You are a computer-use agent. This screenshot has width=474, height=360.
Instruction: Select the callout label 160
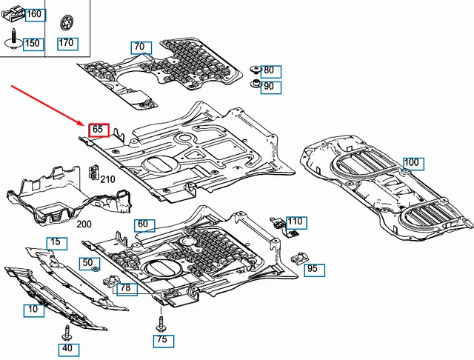coord(34,15)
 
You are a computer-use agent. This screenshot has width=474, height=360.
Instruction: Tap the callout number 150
coord(32,44)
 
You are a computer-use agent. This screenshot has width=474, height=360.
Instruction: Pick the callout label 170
coord(67,43)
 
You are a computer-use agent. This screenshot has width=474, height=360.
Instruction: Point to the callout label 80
coord(268,71)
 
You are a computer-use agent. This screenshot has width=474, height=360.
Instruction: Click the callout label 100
coord(411,163)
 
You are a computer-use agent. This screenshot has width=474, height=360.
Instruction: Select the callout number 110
coord(296,221)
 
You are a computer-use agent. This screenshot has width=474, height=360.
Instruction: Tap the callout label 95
coord(312,269)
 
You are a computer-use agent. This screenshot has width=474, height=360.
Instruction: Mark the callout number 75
coord(161,341)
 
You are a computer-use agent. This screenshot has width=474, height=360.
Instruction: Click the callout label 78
coord(125,288)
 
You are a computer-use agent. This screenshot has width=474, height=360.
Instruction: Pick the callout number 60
coord(143,224)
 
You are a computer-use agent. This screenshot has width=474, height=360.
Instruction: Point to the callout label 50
coord(87,263)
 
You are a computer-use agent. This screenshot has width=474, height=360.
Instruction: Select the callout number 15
coord(55,242)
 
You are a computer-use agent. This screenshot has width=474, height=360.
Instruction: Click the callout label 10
coord(33,310)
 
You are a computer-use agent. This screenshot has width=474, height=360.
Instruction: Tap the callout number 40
coord(67,348)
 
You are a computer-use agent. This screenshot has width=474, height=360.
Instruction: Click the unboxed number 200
coord(83,224)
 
